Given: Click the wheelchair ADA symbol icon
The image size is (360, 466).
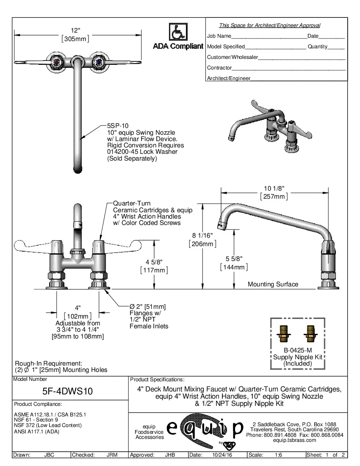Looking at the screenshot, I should coord(178,32).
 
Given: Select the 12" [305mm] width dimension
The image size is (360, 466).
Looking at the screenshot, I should coord(75,35).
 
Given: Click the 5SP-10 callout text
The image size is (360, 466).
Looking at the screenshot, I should coord(117,125).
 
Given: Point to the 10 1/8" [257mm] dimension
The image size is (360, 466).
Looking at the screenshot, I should coord(274,193).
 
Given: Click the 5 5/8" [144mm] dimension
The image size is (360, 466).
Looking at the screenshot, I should coord(234,263).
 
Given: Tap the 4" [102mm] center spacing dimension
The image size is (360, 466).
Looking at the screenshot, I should coord(78,312).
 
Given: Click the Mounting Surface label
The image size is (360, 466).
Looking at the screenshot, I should coord(273,284).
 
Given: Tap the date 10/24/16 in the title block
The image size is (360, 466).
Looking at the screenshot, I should coord(219,455).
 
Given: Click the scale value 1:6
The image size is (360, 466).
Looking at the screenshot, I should coord(279,455).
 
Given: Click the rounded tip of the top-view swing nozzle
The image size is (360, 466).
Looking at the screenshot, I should coord(77,170).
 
